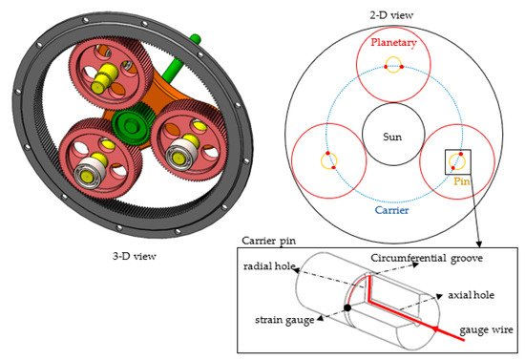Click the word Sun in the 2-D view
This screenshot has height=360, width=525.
[x=392, y=137]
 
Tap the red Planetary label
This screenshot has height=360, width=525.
[x=393, y=43]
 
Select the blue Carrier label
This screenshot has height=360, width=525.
[x=391, y=210]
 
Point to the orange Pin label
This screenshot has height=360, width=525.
[x=462, y=181]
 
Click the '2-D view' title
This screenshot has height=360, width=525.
[x=391, y=15]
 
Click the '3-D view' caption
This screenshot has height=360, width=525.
[x=135, y=257]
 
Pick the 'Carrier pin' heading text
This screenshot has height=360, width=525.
[x=268, y=242]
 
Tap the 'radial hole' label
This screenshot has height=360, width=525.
[x=269, y=266]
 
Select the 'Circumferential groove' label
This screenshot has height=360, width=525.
[x=427, y=258]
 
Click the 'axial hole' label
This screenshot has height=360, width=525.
[x=472, y=295]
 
